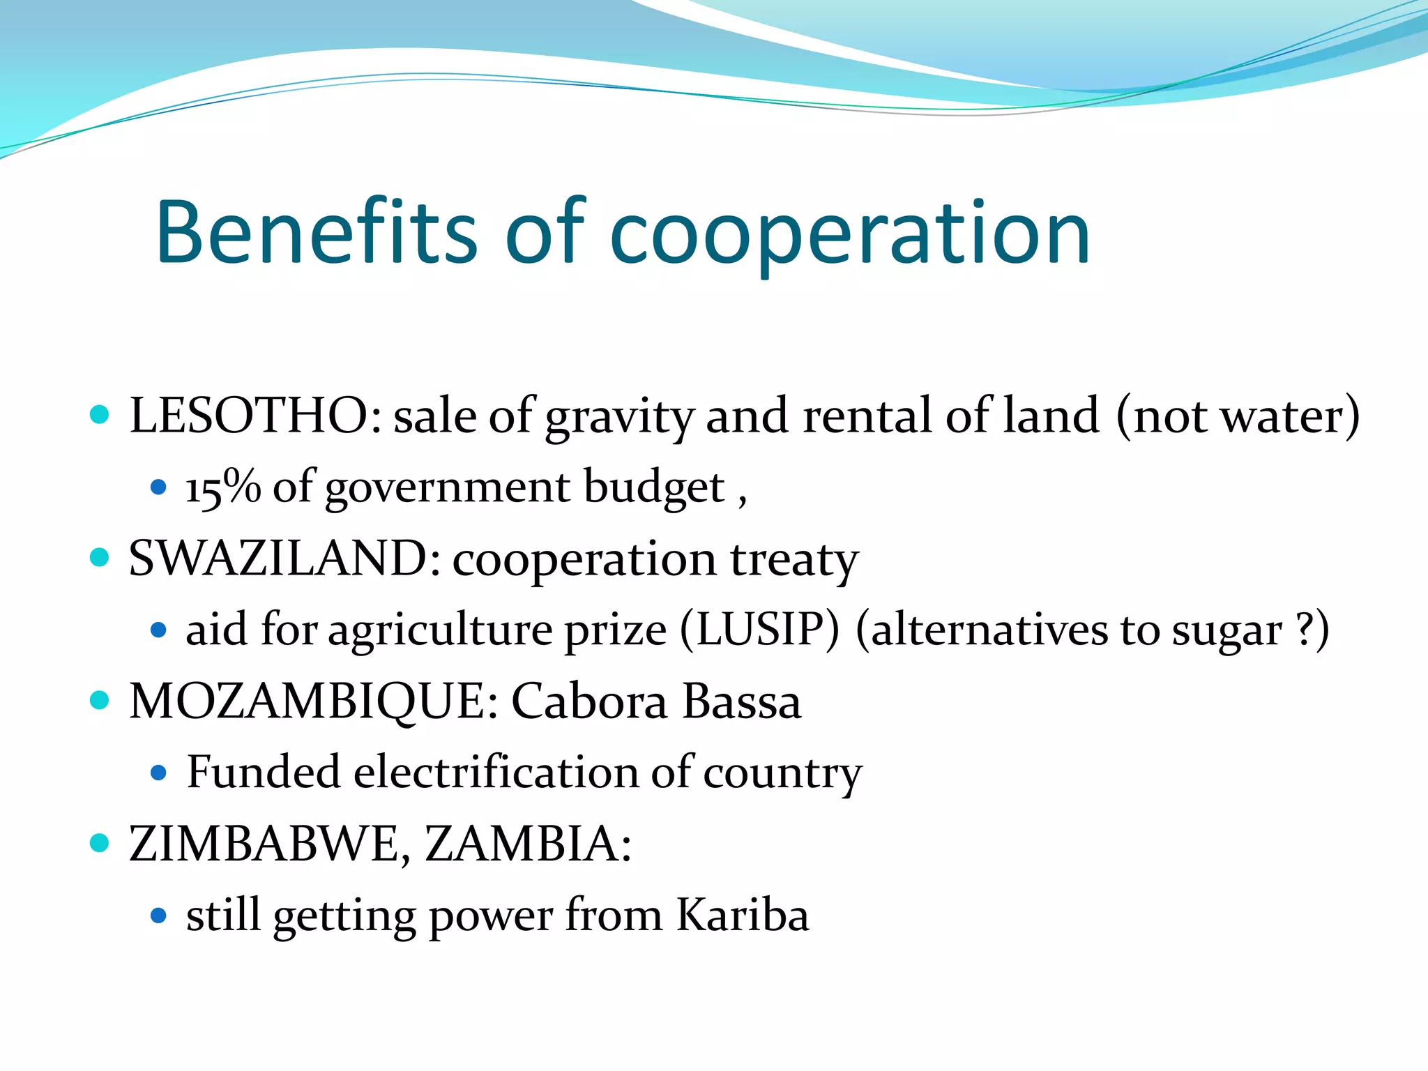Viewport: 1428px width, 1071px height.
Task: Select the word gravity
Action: coord(619,418)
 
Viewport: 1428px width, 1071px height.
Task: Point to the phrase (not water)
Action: coord(1238,416)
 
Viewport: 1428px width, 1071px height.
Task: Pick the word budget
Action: coord(654,488)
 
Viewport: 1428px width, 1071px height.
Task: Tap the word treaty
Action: coord(794,561)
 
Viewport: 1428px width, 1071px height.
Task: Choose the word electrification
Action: coord(496,773)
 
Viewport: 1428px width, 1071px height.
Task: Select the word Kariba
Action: coord(743,915)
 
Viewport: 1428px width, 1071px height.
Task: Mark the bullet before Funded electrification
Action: coord(159,773)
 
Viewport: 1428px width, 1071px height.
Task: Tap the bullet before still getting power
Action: coord(159,916)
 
